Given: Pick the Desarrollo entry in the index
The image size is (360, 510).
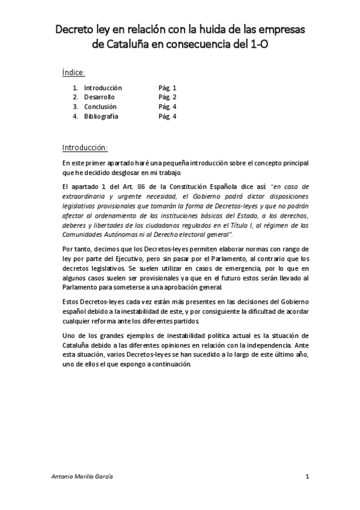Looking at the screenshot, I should [99, 97].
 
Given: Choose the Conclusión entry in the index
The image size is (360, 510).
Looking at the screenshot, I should [100, 107].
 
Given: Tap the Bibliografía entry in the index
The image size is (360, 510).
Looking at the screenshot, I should [101, 117].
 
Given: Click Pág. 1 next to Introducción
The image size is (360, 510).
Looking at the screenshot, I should [167, 88].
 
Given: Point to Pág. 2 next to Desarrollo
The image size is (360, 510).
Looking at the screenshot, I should [167, 97].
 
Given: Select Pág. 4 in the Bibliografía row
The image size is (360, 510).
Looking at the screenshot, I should [167, 117].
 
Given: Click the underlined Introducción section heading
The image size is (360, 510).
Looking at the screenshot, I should [85, 147].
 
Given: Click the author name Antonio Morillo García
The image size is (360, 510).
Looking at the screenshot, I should [82, 476].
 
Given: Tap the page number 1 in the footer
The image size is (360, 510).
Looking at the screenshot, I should [307, 476].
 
